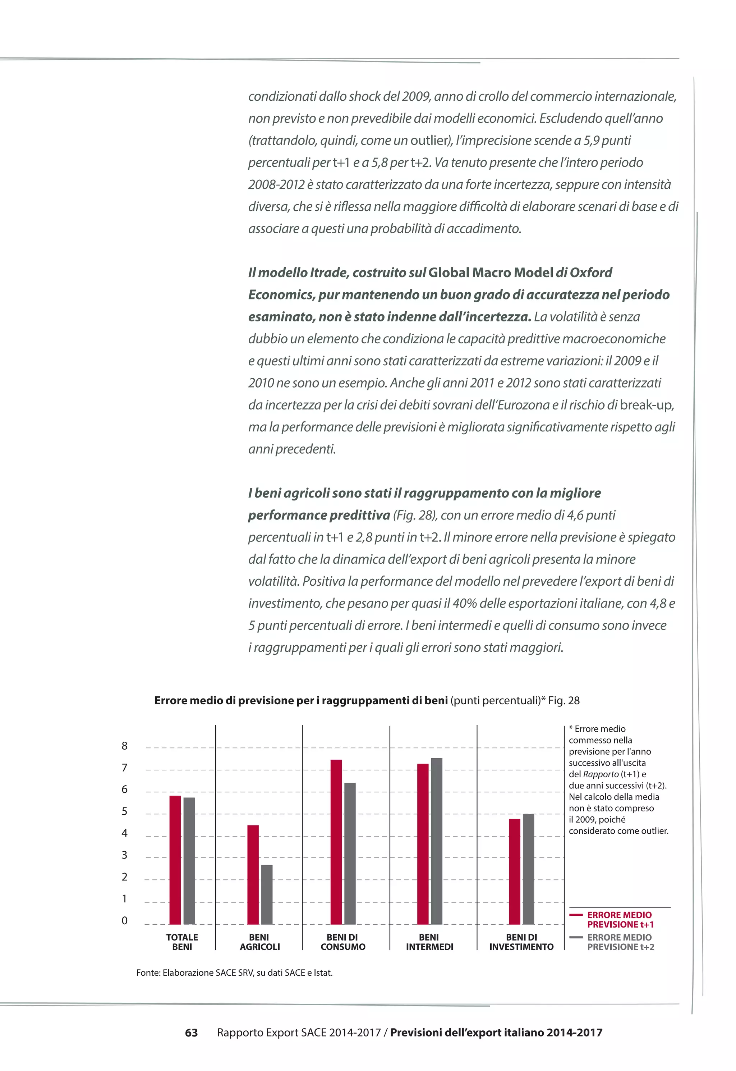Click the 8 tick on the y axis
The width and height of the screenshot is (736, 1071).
pos(124,746)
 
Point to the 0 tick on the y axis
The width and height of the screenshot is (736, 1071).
pos(124,921)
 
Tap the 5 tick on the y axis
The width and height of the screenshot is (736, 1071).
pos(124,812)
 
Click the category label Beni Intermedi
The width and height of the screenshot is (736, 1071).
pos(429,942)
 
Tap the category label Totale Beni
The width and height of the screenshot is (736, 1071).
pos(182,942)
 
